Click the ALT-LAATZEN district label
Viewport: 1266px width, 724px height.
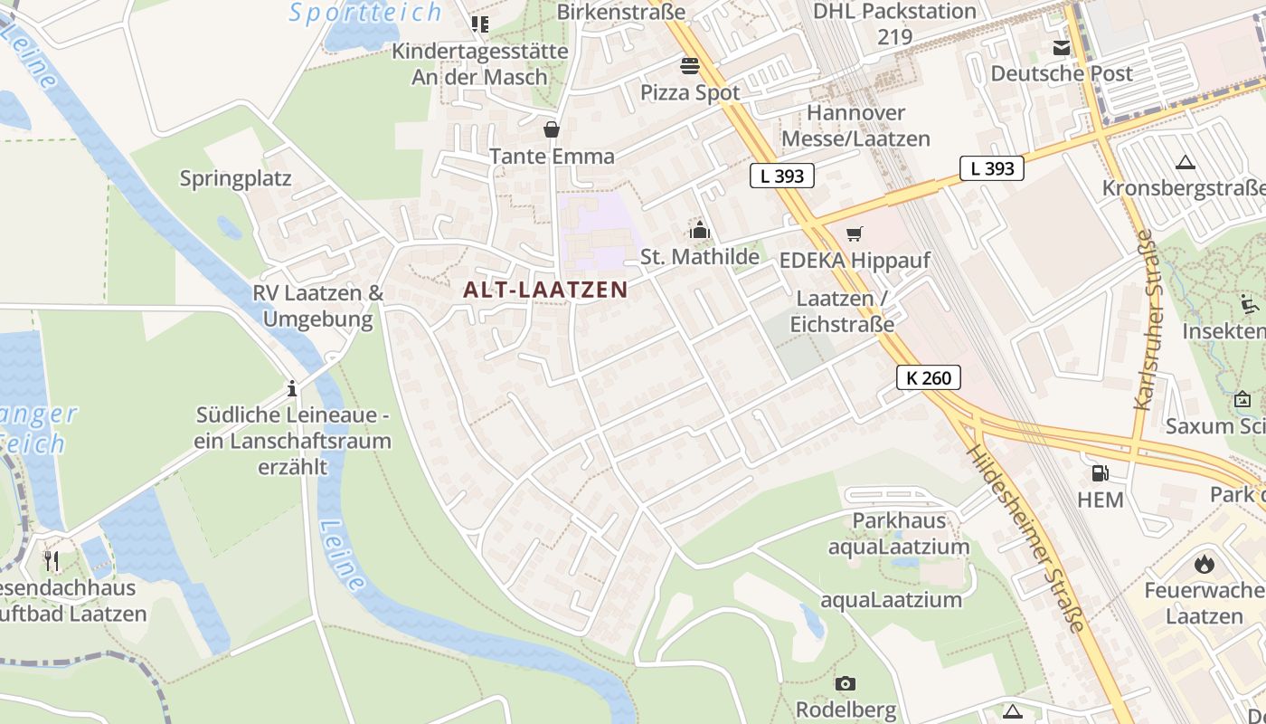tap(544, 290)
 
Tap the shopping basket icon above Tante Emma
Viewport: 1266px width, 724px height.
tap(552, 129)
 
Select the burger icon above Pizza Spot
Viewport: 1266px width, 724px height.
tap(690, 65)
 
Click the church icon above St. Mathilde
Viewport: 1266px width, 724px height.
tap(699, 230)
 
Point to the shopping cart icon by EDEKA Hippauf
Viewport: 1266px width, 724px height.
tap(854, 234)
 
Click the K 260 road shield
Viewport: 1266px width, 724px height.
tap(929, 377)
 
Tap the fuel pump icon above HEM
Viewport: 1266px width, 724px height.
tap(1100, 472)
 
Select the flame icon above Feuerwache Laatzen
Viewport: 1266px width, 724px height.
tap(1204, 564)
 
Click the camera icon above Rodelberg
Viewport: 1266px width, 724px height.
tap(845, 683)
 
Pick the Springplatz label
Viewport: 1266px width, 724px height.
tap(235, 178)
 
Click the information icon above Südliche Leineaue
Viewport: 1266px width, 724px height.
tap(292, 389)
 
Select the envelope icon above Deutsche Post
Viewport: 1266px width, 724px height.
tap(1061, 48)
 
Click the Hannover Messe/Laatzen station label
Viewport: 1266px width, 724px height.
tap(855, 126)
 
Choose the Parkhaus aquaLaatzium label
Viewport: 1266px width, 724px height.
tap(899, 533)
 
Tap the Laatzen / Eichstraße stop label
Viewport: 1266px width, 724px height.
tap(842, 311)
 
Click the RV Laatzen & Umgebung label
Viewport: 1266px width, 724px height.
tap(317, 306)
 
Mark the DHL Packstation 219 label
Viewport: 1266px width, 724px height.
tap(894, 24)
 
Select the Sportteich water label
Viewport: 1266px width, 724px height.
tap(365, 13)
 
